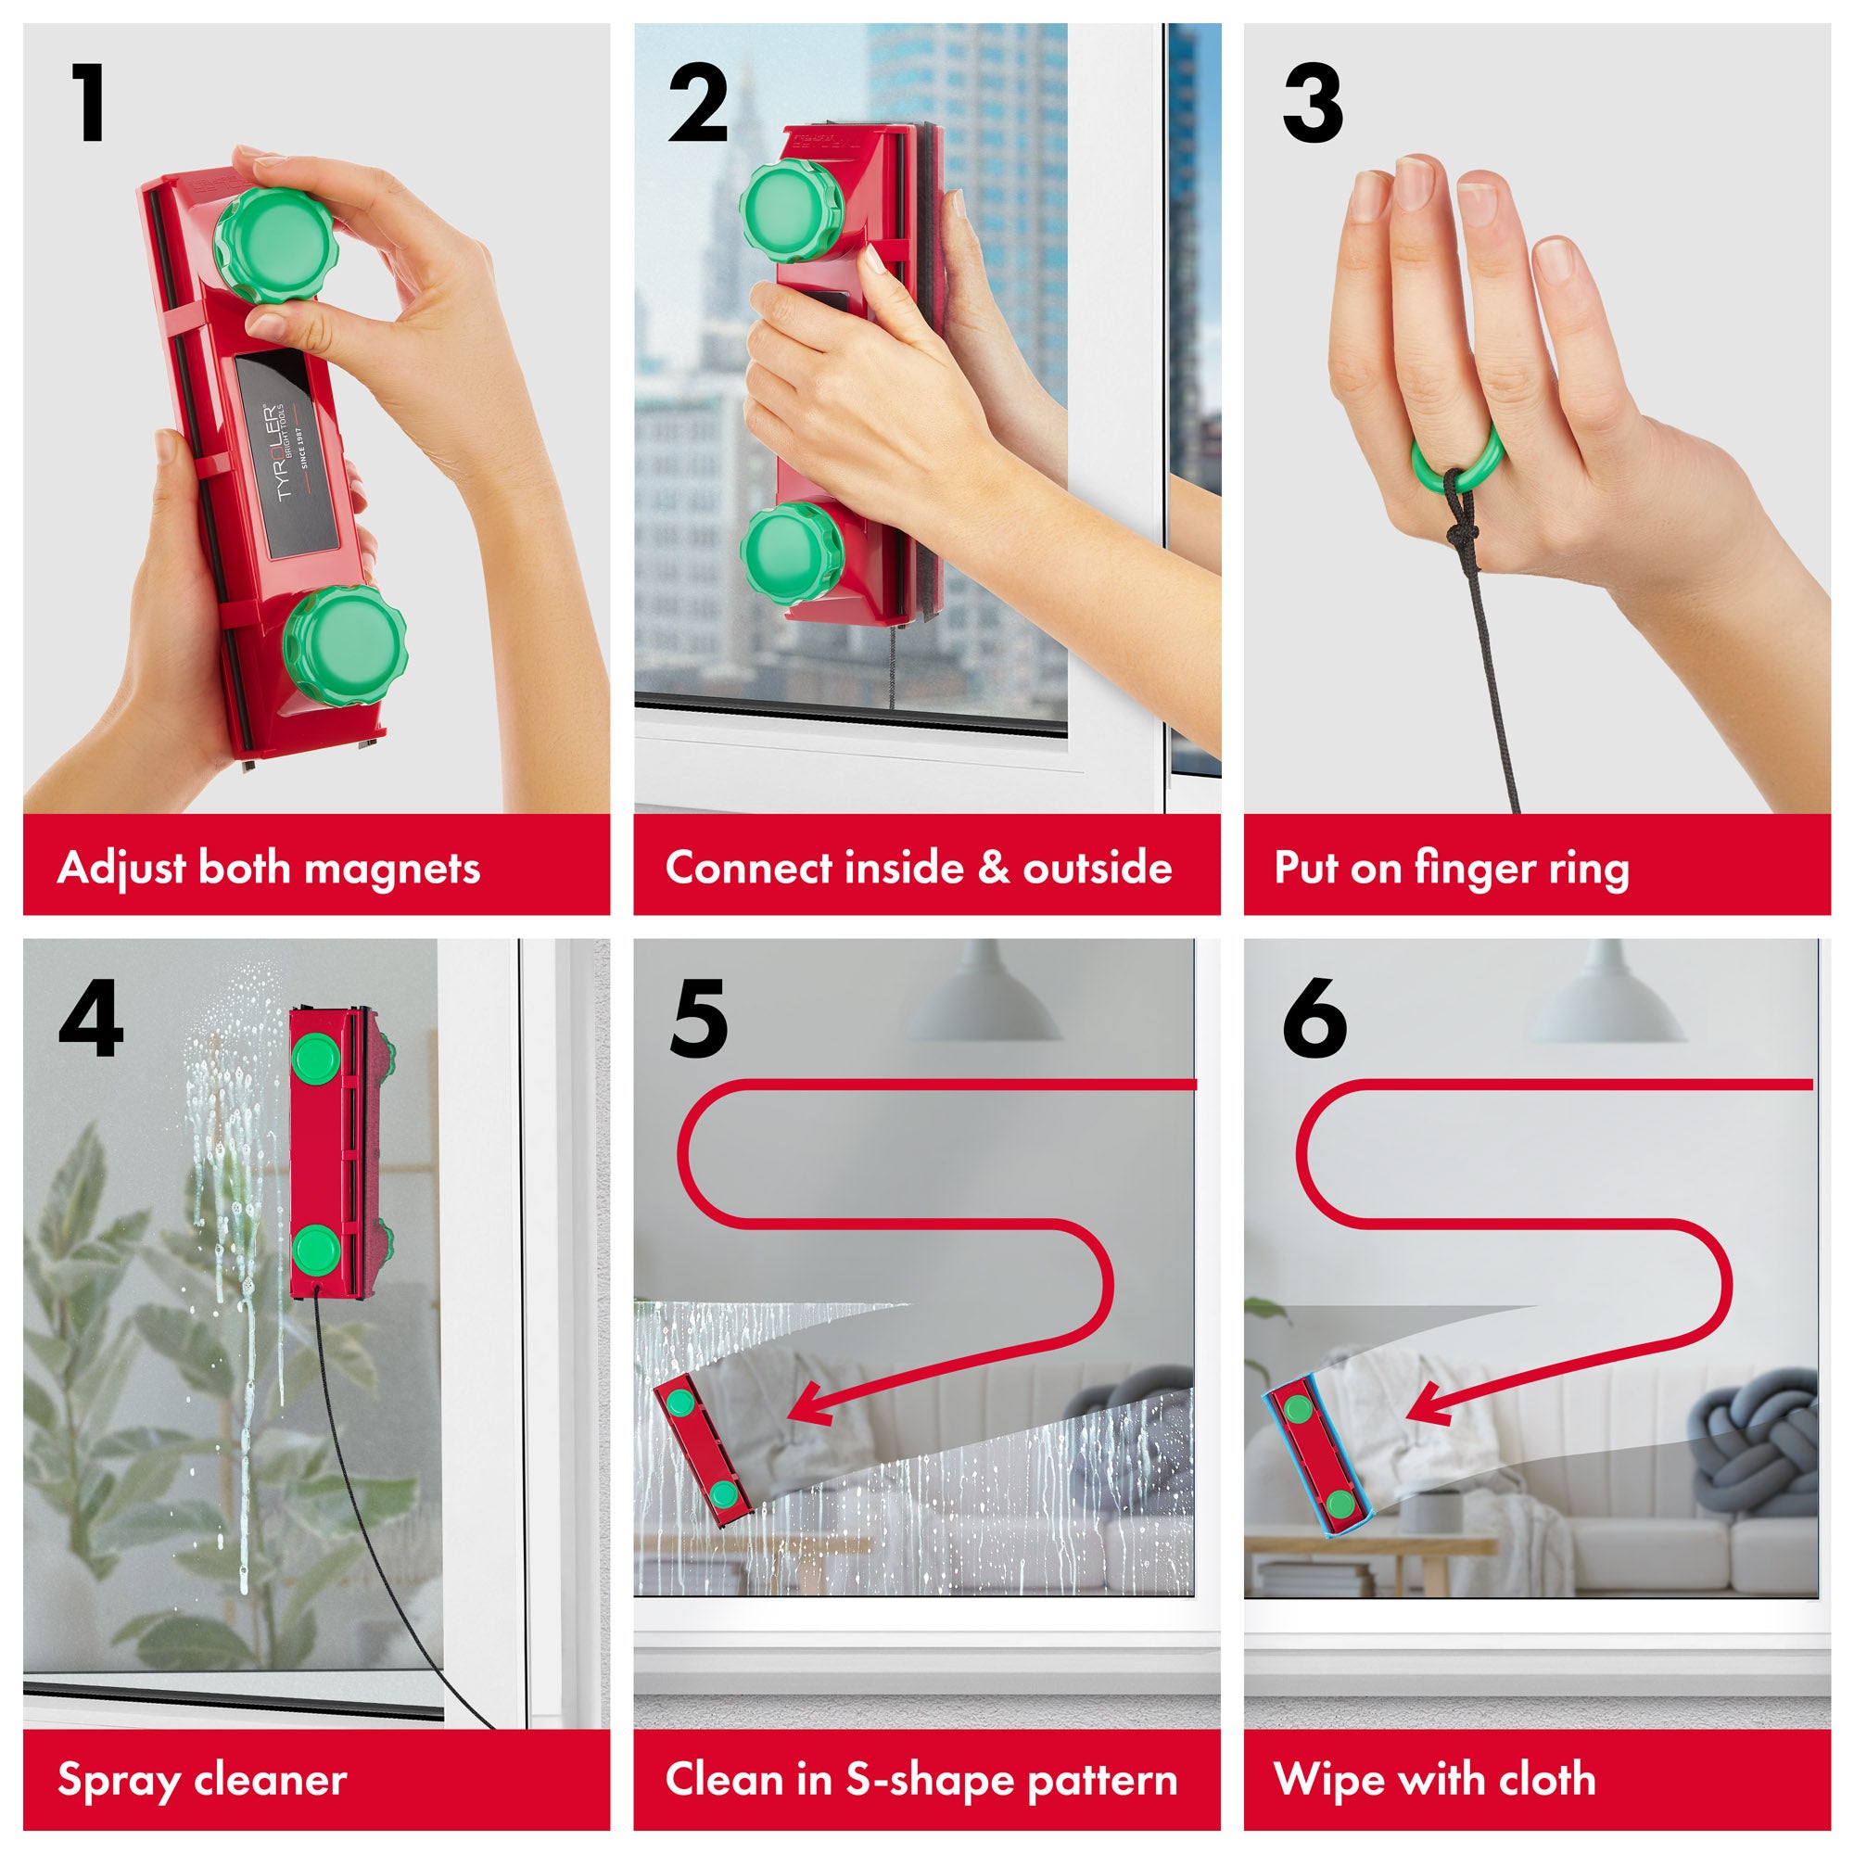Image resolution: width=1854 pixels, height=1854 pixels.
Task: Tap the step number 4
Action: click(90, 1018)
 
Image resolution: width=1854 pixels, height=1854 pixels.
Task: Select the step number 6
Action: click(1314, 1018)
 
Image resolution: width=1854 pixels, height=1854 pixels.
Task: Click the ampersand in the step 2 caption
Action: click(991, 869)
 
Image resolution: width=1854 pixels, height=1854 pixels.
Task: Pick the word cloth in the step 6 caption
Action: click(1547, 1779)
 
